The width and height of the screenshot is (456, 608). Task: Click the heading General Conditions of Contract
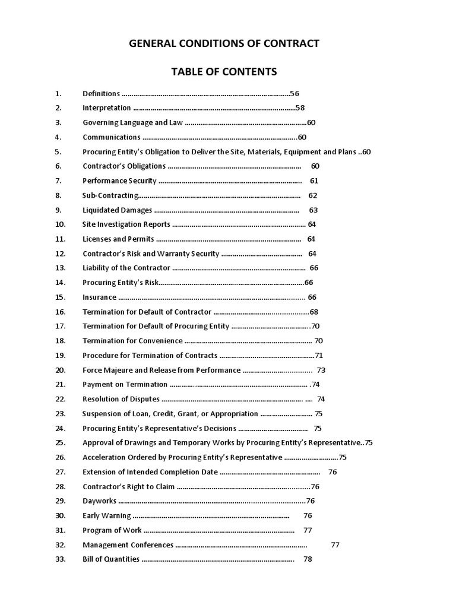click(x=224, y=43)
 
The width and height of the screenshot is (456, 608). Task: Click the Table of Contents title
click(x=224, y=72)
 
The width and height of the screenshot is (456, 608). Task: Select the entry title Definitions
click(x=101, y=94)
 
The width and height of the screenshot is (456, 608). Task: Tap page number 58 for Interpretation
click(x=300, y=108)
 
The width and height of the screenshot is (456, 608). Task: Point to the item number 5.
click(x=58, y=152)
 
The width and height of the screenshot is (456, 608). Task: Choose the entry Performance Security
click(x=119, y=181)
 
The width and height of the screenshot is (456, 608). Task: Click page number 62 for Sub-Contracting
click(x=313, y=195)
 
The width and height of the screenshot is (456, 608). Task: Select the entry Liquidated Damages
click(x=117, y=210)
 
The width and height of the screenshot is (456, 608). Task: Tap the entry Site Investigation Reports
click(x=126, y=224)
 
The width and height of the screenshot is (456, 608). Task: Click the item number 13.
click(x=60, y=268)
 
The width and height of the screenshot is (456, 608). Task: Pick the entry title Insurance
click(x=99, y=297)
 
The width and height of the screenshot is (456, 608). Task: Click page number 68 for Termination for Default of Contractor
click(x=314, y=312)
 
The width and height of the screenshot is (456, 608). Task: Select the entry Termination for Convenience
click(x=132, y=341)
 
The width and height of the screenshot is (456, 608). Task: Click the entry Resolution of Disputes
click(x=121, y=399)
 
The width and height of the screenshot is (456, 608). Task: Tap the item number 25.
click(x=60, y=442)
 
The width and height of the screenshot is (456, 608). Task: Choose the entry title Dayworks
click(x=99, y=501)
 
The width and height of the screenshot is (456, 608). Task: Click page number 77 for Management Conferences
click(x=335, y=544)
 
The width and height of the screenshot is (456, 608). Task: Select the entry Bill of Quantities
click(x=111, y=559)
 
